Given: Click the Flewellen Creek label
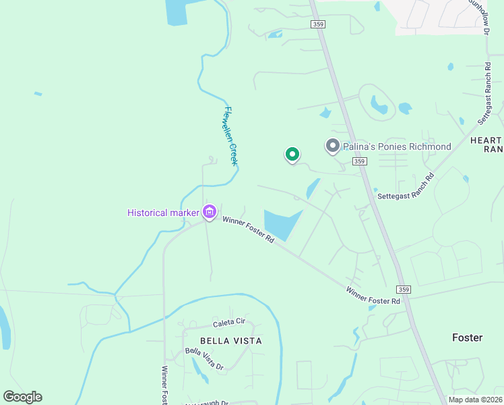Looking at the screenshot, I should [230, 136].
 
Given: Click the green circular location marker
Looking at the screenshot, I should [292, 155].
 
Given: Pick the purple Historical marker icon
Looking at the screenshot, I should [210, 213].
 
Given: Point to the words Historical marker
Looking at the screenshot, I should [163, 213].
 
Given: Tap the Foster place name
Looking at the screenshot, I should [467, 337].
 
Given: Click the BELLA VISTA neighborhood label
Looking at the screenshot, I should [230, 341].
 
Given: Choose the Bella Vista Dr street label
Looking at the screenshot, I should [204, 358].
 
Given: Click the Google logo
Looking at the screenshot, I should [22, 397].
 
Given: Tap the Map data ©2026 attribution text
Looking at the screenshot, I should [476, 400].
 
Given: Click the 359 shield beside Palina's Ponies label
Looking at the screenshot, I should [359, 161].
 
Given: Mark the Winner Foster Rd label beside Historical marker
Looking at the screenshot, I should [249, 230].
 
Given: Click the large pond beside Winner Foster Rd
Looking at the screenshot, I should [280, 223].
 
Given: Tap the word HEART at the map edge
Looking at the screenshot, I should [486, 140].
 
